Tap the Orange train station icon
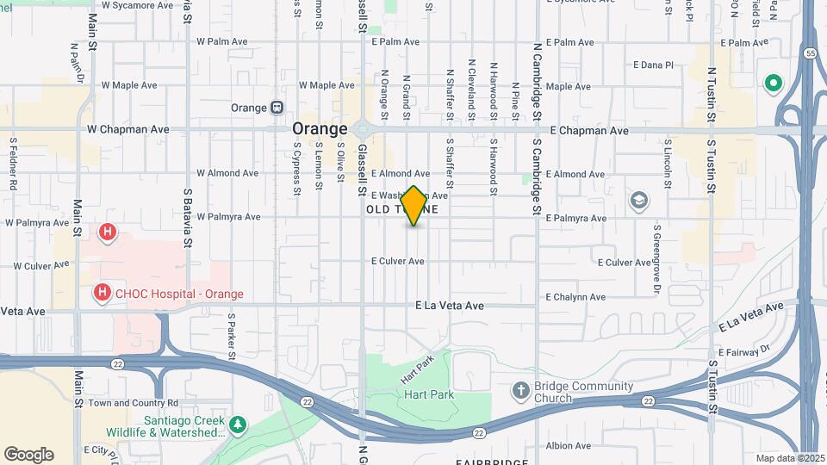tap(277, 108)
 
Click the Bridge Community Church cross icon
tap(520, 391)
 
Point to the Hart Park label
tap(428, 394)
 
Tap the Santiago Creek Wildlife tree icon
tap(237, 425)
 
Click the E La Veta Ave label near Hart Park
tap(450, 306)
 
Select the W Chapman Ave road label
tap(128, 129)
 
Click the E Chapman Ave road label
tap(589, 131)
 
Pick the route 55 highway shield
tap(810, 77)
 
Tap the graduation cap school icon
tap(638, 201)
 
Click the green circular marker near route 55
tap(773, 84)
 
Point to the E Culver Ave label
tap(398, 261)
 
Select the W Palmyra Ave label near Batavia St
tap(228, 217)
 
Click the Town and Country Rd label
tap(133, 402)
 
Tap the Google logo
tap(28, 455)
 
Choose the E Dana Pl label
tap(653, 65)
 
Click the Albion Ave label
tap(568, 445)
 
